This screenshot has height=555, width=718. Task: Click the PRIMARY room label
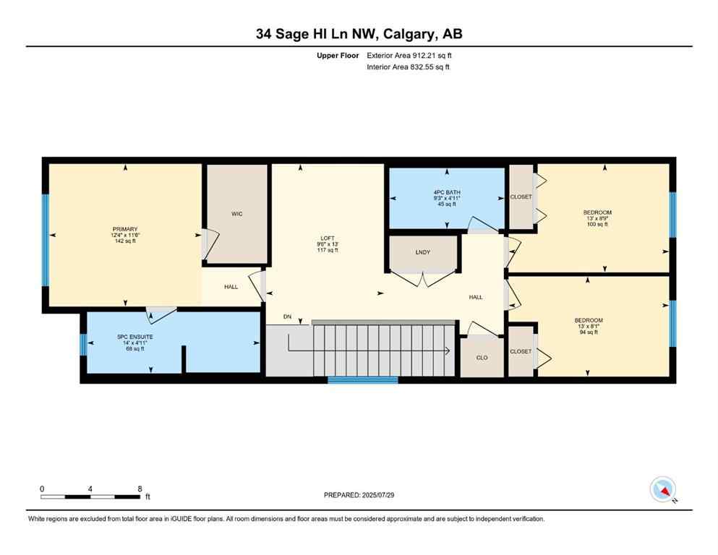pyautogui.click(x=124, y=229)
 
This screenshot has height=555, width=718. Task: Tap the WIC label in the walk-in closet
pyautogui.click(x=236, y=214)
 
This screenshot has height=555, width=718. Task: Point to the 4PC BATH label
pyautogui.click(x=446, y=192)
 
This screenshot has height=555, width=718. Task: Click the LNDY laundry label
pyautogui.click(x=423, y=252)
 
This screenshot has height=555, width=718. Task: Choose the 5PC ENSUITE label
pyautogui.click(x=135, y=337)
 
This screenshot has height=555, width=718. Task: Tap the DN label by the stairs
pyautogui.click(x=287, y=317)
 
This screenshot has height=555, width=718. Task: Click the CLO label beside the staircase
pyautogui.click(x=482, y=357)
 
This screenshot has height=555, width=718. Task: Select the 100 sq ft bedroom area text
pyautogui.click(x=597, y=225)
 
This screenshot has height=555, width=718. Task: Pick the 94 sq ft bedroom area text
pyautogui.click(x=588, y=332)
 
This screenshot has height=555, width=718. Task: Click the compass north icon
pyautogui.click(x=662, y=490)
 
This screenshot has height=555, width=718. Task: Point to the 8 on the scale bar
pyautogui.click(x=139, y=489)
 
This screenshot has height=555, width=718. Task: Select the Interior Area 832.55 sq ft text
pyautogui.click(x=408, y=67)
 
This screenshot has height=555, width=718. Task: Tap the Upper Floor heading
pyautogui.click(x=338, y=55)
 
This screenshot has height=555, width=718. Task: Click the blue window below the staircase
pyautogui.click(x=362, y=379)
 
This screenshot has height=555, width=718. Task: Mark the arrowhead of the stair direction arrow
pyautogui.click(x=448, y=351)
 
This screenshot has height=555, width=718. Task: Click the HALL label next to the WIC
pyautogui.click(x=231, y=287)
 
